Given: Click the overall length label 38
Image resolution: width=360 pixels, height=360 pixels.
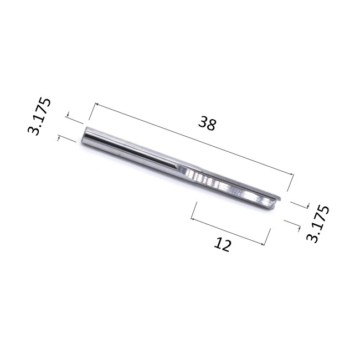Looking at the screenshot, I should click(207, 124).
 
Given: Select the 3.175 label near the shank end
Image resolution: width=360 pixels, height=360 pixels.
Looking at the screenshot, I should click(39, 116).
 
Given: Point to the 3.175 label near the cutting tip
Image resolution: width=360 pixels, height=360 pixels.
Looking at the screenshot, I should click(318, 224).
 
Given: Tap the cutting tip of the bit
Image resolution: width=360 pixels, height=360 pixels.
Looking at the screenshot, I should click(276, 203).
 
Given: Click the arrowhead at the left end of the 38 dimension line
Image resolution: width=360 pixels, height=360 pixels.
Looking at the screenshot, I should click(96, 104).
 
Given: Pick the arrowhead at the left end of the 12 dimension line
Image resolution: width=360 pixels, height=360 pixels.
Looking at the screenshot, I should click(193, 218).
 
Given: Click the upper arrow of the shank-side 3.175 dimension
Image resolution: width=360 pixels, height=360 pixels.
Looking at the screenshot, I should click(68, 116).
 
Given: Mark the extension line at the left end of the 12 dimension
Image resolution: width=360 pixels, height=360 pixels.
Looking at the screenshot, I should click(194, 211).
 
